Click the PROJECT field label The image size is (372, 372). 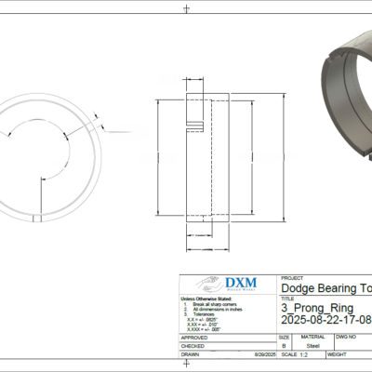[x=292, y=277]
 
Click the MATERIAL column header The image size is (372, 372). [x=312, y=336]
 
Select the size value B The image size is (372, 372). [x=284, y=345]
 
